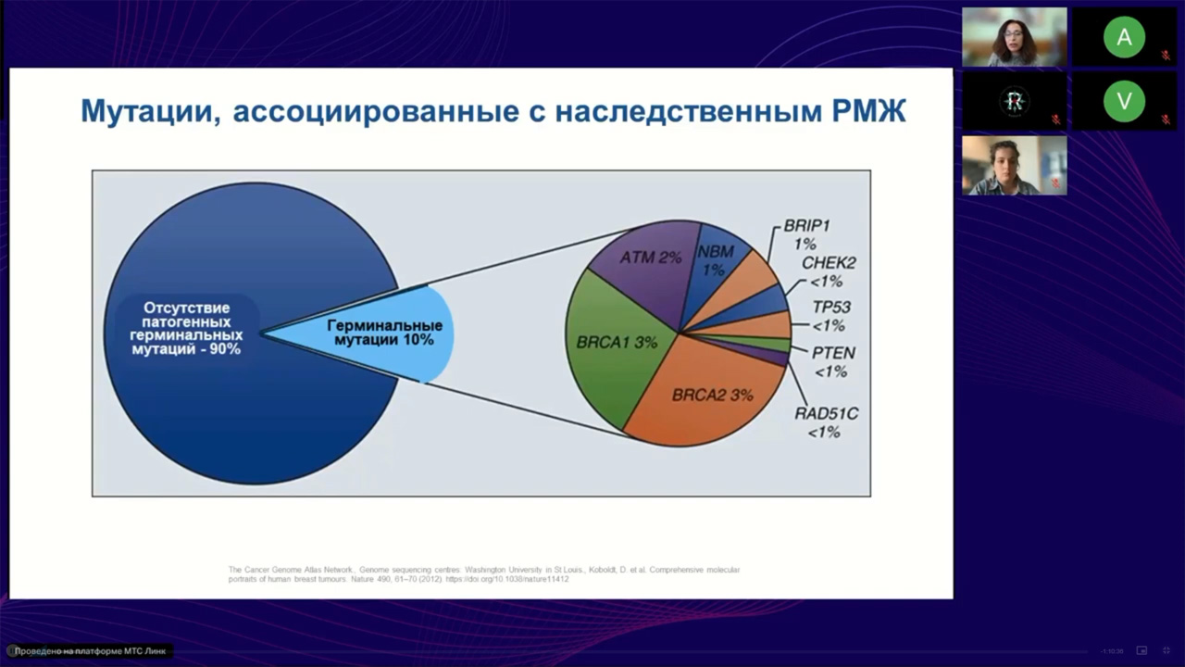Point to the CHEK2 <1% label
point(829,271)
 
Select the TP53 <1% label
point(830,316)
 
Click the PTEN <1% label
point(832,362)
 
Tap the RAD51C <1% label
point(826,422)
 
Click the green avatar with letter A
point(1124,38)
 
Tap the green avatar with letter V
point(1124,101)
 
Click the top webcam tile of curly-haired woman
point(1014,38)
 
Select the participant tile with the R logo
point(1014,101)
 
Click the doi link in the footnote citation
point(507,579)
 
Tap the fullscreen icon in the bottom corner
point(1167,650)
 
